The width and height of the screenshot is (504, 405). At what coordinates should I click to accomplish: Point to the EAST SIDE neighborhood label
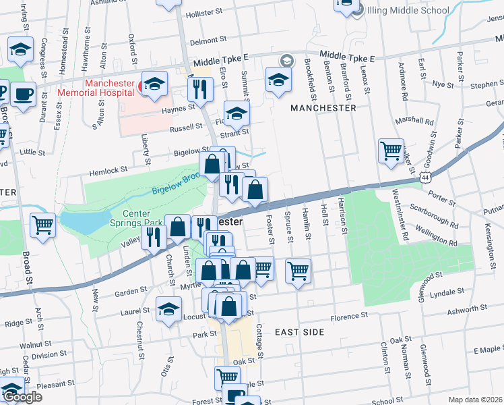[x=300, y=332]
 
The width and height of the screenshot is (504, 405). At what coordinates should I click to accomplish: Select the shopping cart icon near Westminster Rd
[x=391, y=151]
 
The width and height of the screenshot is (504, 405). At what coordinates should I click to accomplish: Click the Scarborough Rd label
[x=433, y=215]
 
